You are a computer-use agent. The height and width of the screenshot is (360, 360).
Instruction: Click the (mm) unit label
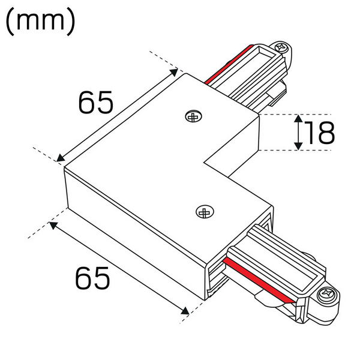[x=40, y=21]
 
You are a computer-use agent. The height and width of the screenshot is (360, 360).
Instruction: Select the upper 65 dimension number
[x=95, y=103]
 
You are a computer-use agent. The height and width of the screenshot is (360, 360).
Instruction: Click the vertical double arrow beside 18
[x=298, y=133]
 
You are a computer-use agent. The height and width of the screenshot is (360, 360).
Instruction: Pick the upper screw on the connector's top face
[x=194, y=116]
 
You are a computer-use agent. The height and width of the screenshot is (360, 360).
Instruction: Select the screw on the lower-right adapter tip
[x=327, y=295]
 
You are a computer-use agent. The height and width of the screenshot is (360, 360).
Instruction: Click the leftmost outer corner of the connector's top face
[x=64, y=167]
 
